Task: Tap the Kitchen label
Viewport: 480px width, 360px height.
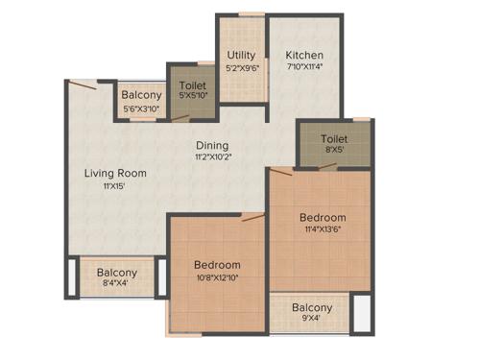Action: pyautogui.click(x=303, y=56)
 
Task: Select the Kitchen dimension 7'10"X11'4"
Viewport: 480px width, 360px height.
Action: pyautogui.click(x=303, y=68)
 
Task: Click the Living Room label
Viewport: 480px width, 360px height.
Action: pyautogui.click(x=115, y=173)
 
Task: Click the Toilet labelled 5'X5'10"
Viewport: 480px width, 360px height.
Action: pyautogui.click(x=192, y=85)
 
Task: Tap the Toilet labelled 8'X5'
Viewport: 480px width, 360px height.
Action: pyautogui.click(x=333, y=139)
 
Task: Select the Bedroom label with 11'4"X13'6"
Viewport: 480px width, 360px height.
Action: pyautogui.click(x=323, y=218)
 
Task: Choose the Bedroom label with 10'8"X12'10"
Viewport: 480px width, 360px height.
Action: pyautogui.click(x=217, y=265)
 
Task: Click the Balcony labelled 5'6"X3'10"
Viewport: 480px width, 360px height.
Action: pyautogui.click(x=142, y=96)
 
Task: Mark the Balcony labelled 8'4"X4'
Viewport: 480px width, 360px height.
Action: pyautogui.click(x=117, y=273)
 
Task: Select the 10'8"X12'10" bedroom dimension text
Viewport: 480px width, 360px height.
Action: pyautogui.click(x=217, y=278)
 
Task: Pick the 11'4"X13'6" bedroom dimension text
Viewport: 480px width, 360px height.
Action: pyautogui.click(x=323, y=230)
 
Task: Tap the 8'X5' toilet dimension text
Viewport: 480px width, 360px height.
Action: pyautogui.click(x=333, y=152)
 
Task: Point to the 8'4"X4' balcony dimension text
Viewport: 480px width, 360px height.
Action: pyautogui.click(x=117, y=285)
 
